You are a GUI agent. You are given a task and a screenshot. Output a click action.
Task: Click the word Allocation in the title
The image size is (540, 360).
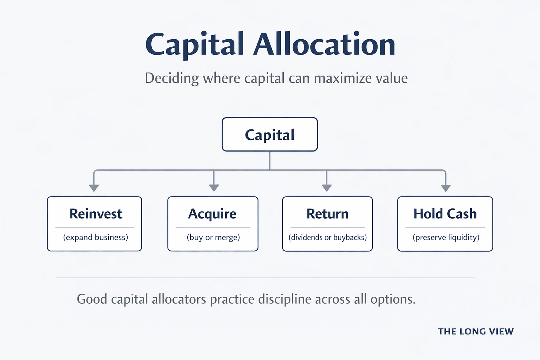[324, 44]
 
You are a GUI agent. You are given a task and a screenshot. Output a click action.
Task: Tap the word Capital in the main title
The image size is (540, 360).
[195, 45]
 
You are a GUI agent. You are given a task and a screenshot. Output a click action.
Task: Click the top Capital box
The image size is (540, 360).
[270, 135]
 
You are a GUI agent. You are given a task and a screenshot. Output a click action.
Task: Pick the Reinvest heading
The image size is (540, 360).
[96, 214]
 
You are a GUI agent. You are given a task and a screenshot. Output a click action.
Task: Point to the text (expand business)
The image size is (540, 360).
[96, 237]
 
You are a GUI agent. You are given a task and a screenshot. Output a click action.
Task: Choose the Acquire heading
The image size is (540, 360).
[212, 214]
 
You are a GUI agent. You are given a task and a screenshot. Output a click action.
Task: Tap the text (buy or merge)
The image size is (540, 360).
[213, 237]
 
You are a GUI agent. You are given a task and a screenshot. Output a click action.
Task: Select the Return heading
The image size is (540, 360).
[327, 214]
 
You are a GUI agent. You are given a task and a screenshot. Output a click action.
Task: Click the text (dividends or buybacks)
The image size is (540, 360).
[327, 237]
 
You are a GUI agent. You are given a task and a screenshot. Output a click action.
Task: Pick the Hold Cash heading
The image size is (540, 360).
[445, 214]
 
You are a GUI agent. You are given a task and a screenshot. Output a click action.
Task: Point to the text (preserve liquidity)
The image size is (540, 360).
[446, 237]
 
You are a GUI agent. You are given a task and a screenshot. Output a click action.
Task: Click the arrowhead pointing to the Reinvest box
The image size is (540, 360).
[94, 188]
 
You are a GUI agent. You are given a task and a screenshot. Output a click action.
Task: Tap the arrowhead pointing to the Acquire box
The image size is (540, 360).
[214, 188]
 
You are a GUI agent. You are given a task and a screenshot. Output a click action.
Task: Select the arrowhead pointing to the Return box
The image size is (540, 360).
[326, 188]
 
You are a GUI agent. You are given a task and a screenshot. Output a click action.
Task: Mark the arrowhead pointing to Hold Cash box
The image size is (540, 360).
[445, 188]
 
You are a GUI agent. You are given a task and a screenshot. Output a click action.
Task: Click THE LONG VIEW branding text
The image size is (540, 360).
[475, 331]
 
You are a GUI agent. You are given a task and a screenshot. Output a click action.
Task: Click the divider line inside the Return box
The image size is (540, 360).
[327, 227]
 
